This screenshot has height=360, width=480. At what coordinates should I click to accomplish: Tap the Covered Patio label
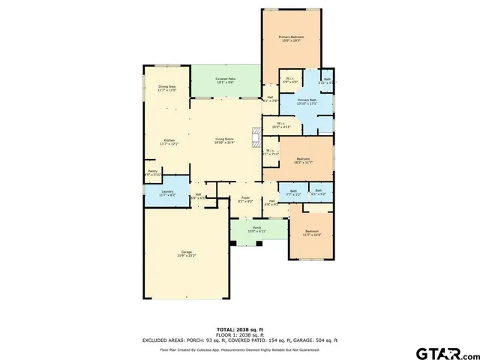[225, 79]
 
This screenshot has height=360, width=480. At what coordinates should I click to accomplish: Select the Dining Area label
[166, 87]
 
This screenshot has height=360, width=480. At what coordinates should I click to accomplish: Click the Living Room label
[225, 139]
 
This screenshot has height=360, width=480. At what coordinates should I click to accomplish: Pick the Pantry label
[152, 172]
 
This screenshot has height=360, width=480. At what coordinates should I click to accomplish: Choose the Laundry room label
[168, 192]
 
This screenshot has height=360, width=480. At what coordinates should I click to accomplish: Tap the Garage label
[184, 252]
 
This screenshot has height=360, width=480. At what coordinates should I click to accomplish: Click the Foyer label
[244, 199]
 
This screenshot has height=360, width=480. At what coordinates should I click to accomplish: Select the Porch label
[256, 229]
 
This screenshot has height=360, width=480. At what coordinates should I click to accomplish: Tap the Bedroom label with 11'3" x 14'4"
[310, 232]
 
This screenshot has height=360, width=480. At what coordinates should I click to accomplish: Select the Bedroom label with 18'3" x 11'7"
[303, 160]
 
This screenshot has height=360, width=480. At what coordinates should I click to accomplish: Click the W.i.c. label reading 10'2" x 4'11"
[281, 125]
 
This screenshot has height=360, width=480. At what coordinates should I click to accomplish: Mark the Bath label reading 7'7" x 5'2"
[293, 192]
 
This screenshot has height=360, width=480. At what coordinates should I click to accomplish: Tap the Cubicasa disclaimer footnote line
[239, 349]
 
